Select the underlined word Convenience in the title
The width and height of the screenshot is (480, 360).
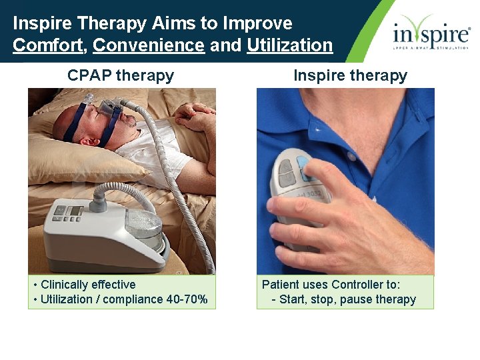coord(149,45)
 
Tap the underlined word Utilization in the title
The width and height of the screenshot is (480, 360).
coord(289,45)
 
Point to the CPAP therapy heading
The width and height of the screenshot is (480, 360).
coord(121,75)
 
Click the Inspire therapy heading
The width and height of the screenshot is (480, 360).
coord(350,75)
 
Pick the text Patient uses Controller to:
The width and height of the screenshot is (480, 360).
coord(331,285)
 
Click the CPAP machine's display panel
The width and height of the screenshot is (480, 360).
coord(75,211)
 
